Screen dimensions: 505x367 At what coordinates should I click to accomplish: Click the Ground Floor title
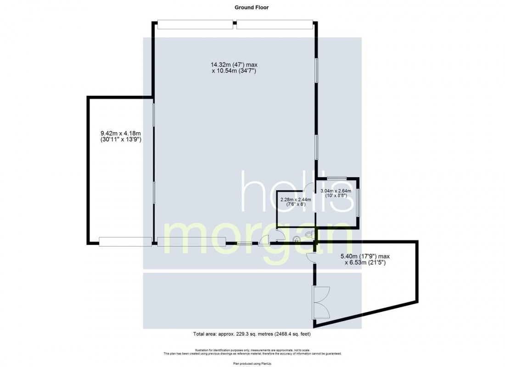pyautogui.click(x=251, y=7)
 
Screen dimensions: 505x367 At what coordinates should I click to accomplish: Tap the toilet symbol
pyautogui.click(x=310, y=234)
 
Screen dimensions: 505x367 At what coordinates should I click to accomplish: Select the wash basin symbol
pyautogui.click(x=296, y=239)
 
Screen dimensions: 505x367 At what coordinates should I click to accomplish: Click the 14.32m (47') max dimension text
pyautogui.click(x=234, y=65)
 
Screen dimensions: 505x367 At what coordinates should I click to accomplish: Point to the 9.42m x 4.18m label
pyautogui.click(x=121, y=133)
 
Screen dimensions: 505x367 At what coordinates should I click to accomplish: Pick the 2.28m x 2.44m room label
pyautogui.click(x=296, y=200)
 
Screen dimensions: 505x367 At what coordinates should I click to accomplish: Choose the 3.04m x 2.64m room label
pyautogui.click(x=336, y=191)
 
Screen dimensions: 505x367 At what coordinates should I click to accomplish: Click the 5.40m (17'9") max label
pyautogui.click(x=365, y=256)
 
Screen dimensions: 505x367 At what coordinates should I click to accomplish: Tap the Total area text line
pyautogui.click(x=252, y=334)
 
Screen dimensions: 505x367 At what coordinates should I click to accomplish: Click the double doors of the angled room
pyautogui.click(x=321, y=302)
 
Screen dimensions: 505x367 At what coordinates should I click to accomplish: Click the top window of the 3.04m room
pyautogui.click(x=337, y=178)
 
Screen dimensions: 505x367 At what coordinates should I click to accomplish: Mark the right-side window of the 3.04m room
pyautogui.click(x=358, y=203)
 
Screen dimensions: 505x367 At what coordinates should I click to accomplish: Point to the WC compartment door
pyautogui.click(x=280, y=236)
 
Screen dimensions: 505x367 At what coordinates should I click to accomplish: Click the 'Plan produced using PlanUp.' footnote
pyautogui.click(x=252, y=363)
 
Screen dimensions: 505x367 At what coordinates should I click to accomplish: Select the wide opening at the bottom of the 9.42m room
pyautogui.click(x=125, y=242)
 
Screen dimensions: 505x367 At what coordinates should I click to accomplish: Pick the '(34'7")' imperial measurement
pyautogui.click(x=247, y=71)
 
